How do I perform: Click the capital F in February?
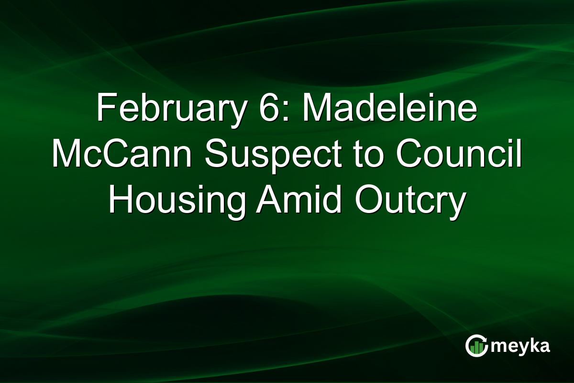click(x=104, y=109)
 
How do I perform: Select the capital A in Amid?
click(x=268, y=200)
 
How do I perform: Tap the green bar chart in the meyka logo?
click(x=476, y=348)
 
